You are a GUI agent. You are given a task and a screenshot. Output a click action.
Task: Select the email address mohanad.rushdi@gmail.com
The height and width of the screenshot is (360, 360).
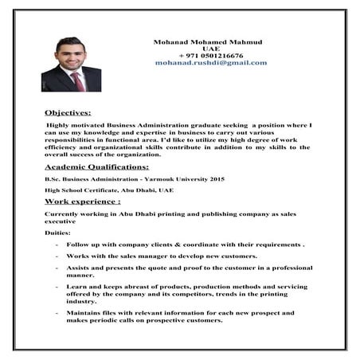click(211, 62)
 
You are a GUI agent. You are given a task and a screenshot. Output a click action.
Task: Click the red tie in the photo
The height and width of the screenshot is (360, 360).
click(78, 80)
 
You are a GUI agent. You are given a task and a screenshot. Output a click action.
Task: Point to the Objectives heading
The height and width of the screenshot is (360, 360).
click(68, 113)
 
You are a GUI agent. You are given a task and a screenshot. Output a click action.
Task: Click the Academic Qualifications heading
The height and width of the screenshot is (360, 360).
click(96, 167)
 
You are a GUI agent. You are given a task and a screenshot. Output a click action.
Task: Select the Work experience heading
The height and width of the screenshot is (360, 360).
click(82, 203)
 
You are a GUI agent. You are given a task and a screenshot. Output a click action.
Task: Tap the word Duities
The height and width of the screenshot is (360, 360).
click(57, 231)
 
